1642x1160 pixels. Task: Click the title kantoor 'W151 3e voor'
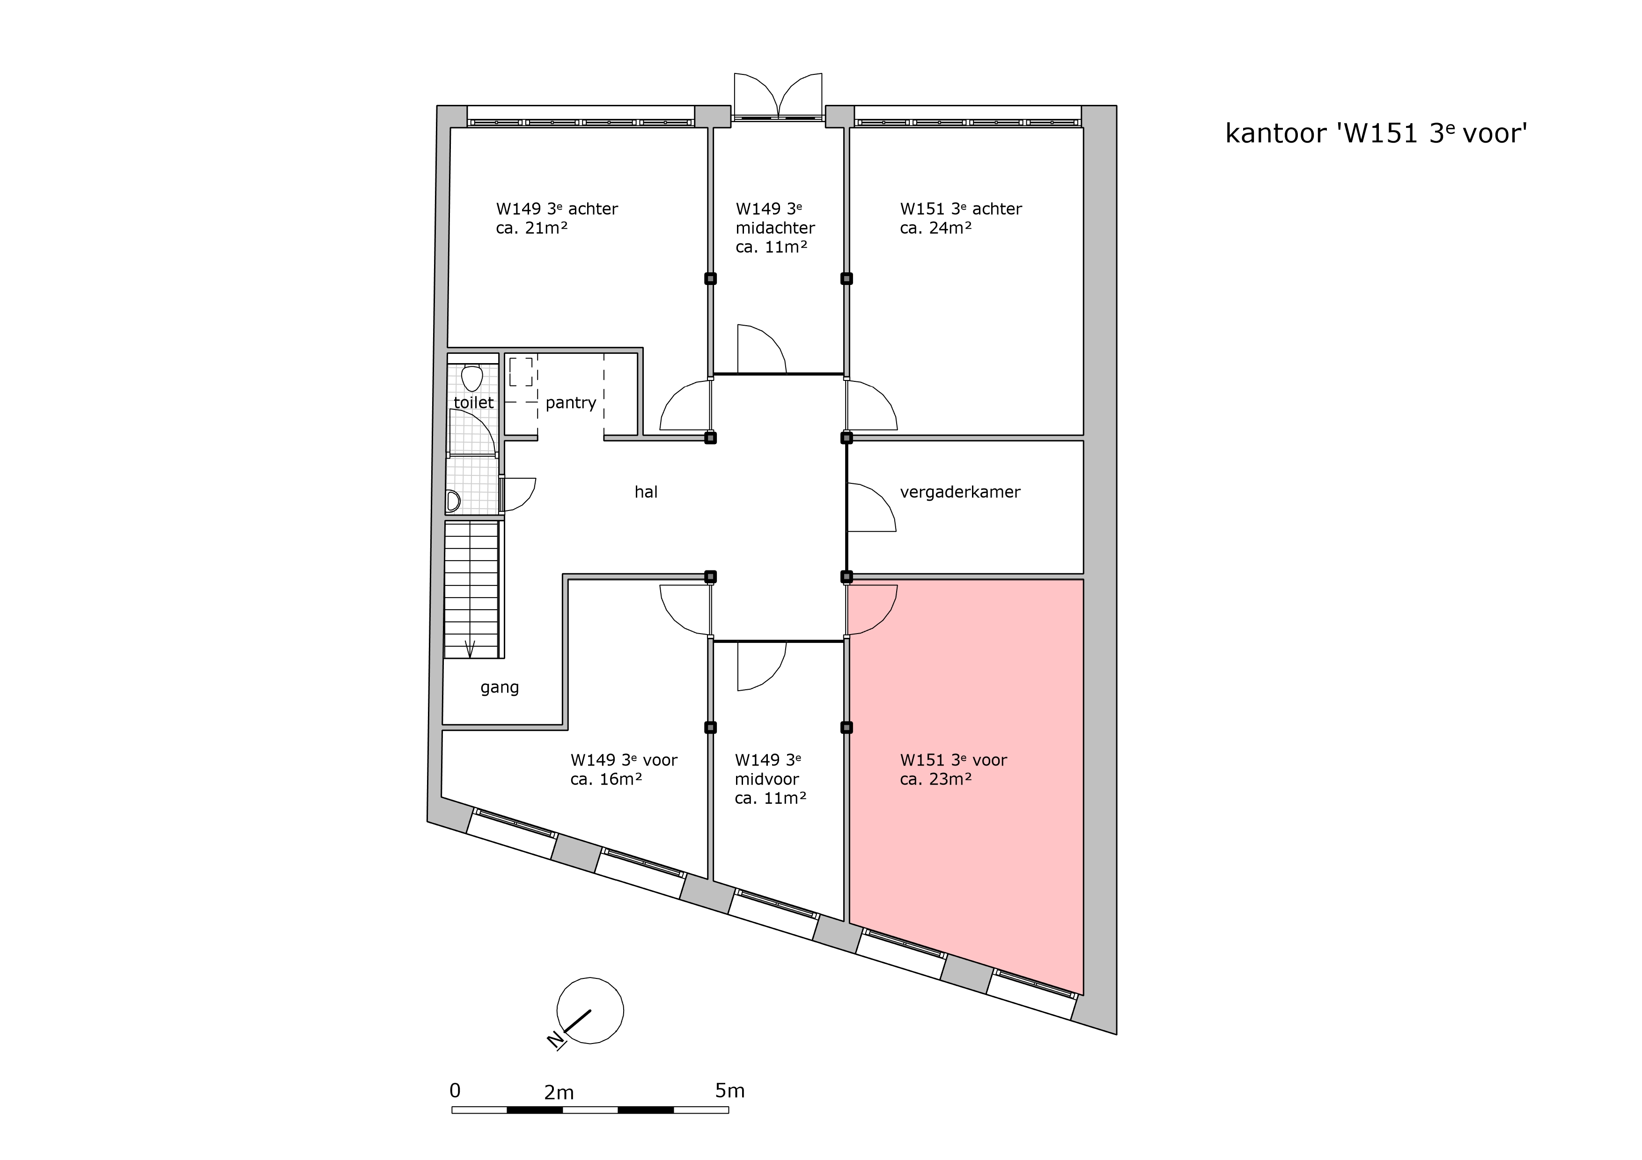(1376, 134)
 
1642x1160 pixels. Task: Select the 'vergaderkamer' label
(960, 492)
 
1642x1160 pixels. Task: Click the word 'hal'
(646, 492)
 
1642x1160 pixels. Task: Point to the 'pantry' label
(571, 403)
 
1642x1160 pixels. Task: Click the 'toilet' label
(473, 402)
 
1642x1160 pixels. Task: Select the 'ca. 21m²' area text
(532, 228)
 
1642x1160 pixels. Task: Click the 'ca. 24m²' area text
(935, 228)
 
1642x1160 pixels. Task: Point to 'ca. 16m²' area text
(606, 779)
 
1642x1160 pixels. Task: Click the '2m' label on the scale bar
(559, 1093)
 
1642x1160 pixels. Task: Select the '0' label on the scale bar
(455, 1090)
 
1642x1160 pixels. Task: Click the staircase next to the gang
(472, 590)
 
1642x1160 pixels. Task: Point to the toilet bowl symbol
(472, 378)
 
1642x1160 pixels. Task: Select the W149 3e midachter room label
(775, 228)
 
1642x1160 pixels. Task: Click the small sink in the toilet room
(453, 501)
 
